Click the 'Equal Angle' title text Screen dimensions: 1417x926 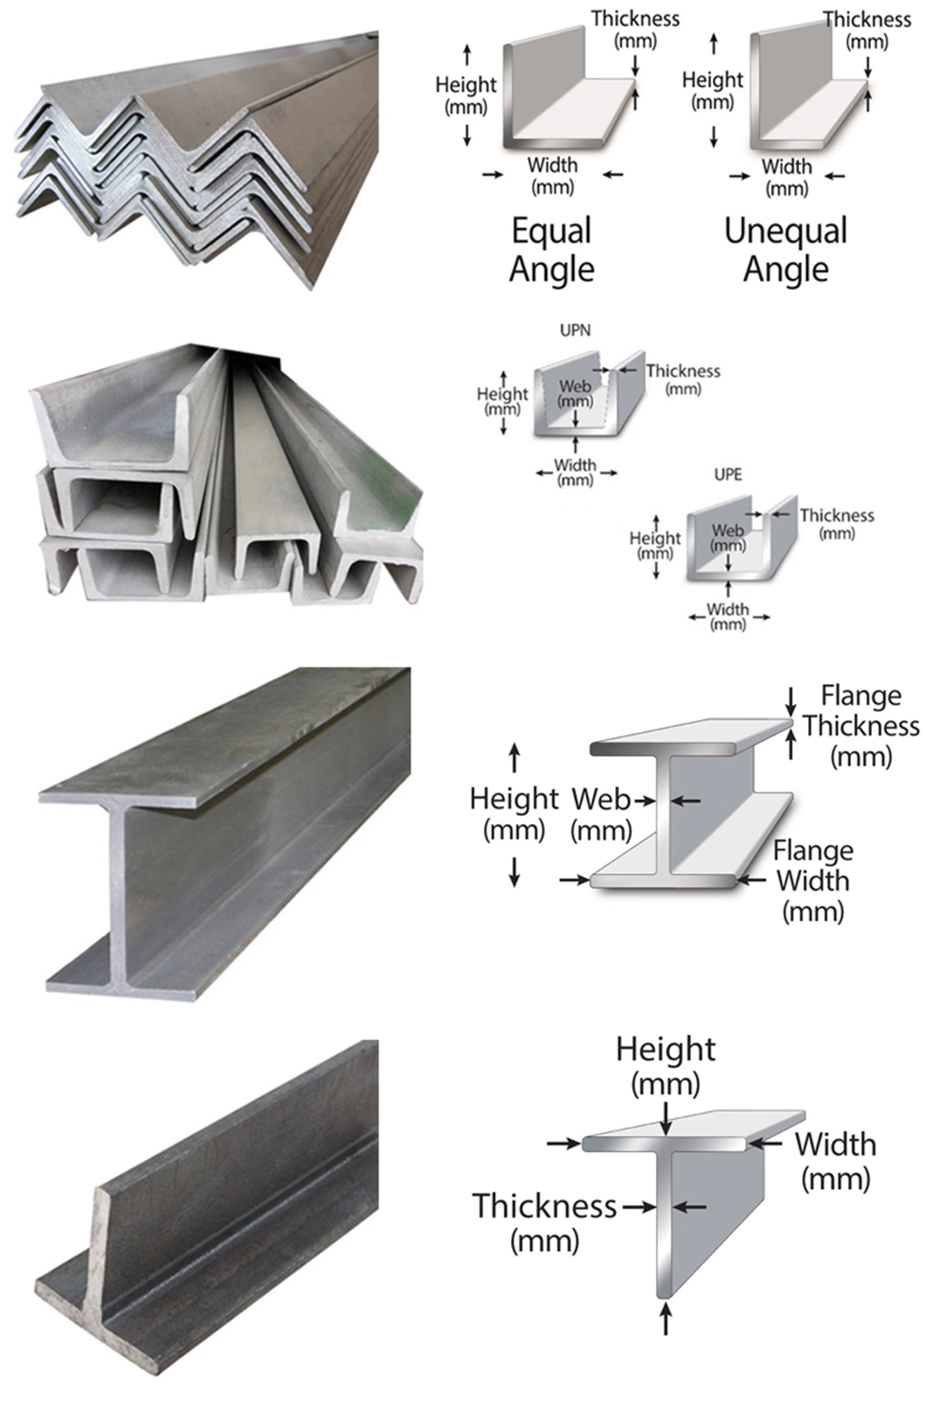point(551,251)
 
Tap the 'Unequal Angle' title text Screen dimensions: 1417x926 point(785,251)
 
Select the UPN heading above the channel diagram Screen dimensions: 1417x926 point(575,330)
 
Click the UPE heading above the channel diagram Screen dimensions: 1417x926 point(728,474)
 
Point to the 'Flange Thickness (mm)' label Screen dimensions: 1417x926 point(860,725)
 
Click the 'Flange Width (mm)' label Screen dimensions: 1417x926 point(813,881)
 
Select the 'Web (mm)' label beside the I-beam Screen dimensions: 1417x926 point(601,813)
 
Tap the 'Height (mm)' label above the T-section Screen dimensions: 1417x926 point(666,1065)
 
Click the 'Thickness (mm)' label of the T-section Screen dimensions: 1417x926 point(545,1221)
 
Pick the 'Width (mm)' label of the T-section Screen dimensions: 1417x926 point(835,1160)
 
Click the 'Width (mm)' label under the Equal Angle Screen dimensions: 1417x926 point(552,175)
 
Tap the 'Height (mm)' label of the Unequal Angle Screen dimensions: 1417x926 point(712,91)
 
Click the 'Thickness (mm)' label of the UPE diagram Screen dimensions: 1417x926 point(836,522)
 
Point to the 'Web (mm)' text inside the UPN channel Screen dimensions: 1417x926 point(575,393)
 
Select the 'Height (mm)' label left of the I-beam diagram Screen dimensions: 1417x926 point(514,812)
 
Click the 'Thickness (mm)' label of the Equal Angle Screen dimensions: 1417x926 point(635,29)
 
